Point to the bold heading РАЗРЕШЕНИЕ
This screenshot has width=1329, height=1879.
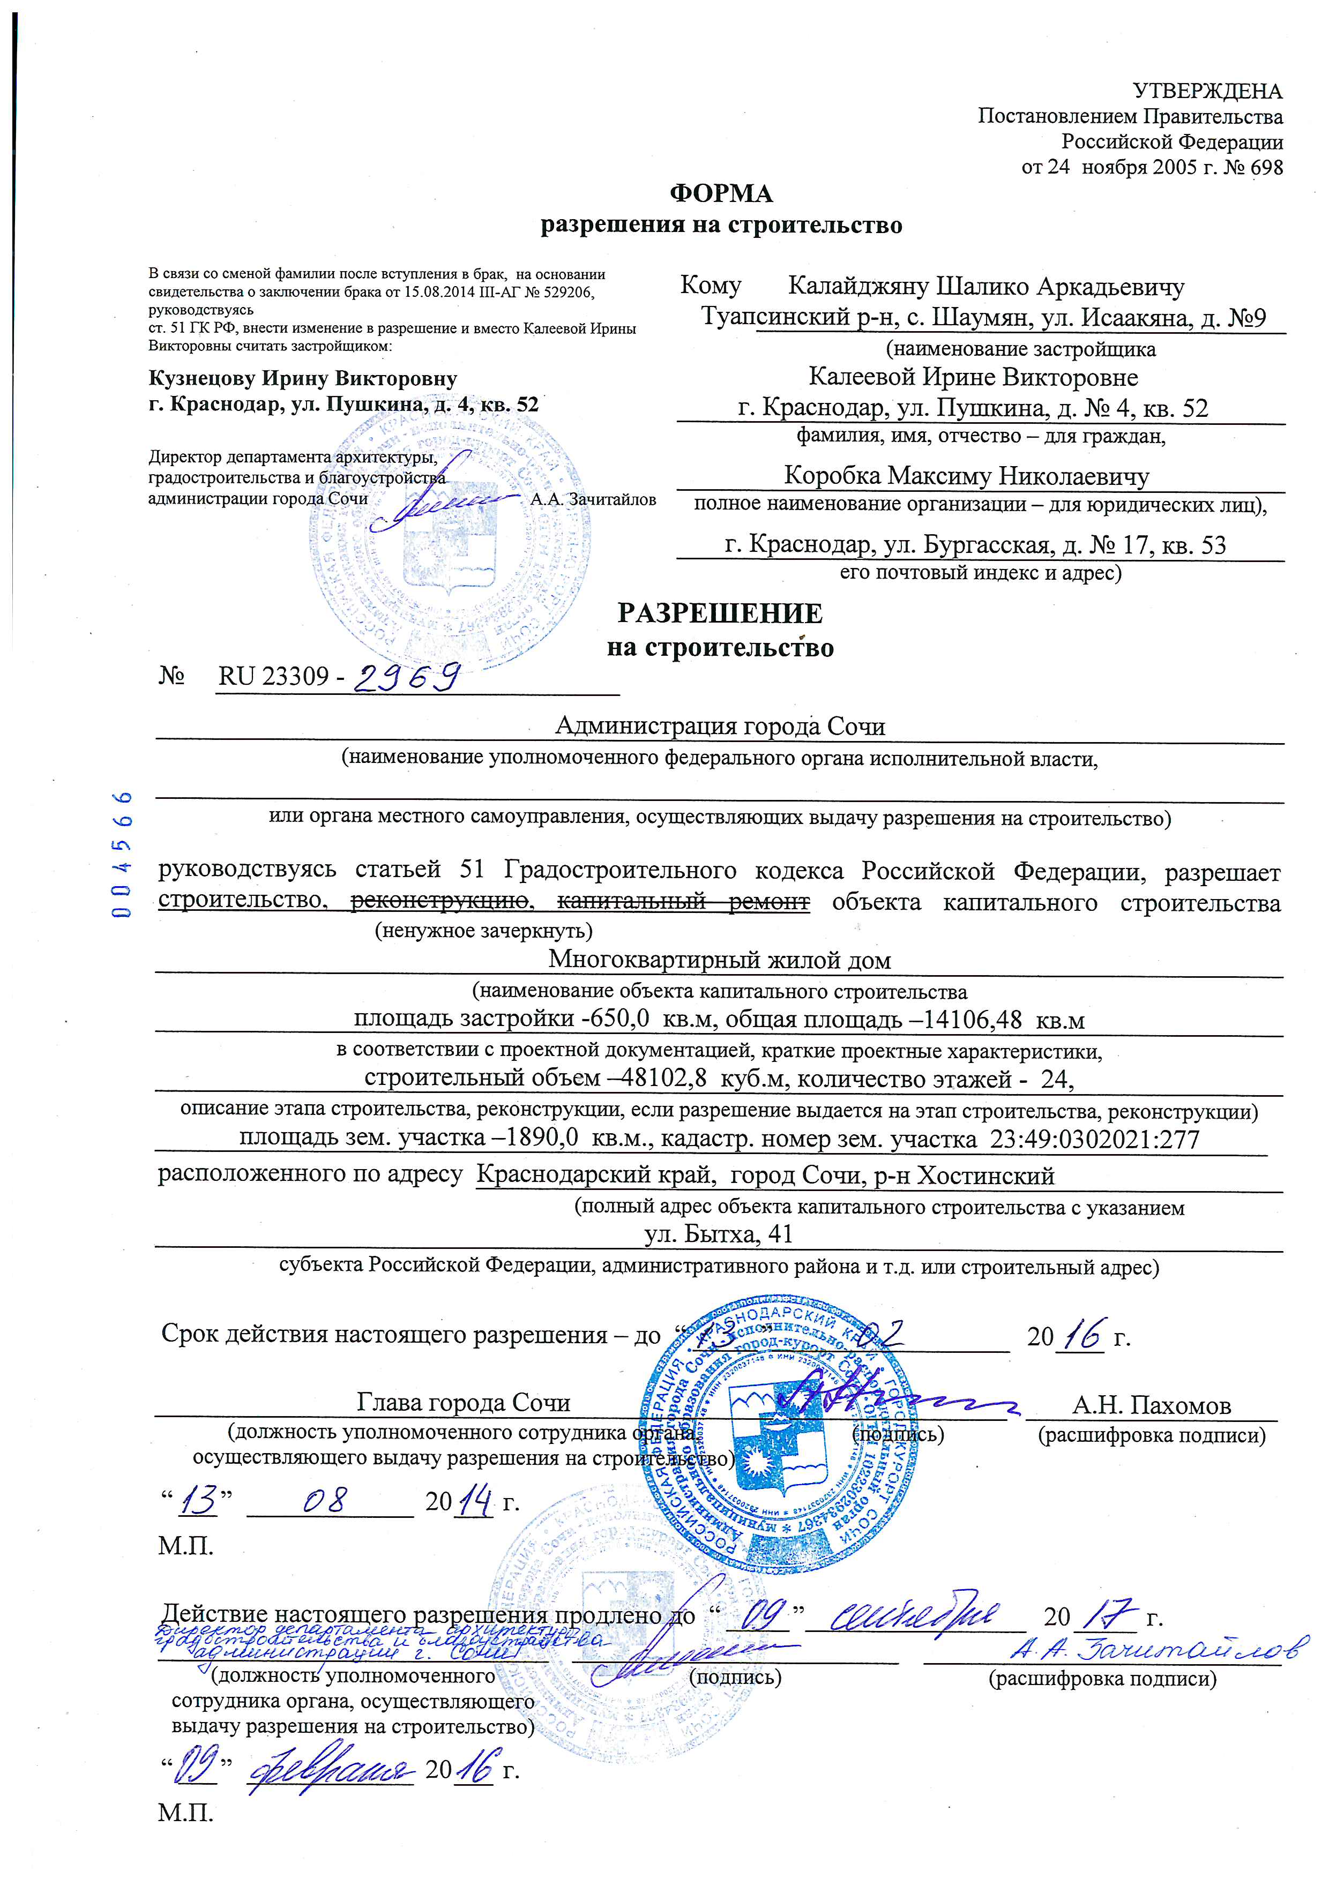[x=720, y=614]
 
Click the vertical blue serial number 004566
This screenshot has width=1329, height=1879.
[x=124, y=855]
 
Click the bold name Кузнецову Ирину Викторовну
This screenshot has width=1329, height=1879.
[x=303, y=379]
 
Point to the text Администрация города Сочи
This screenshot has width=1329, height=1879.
[x=720, y=726]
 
